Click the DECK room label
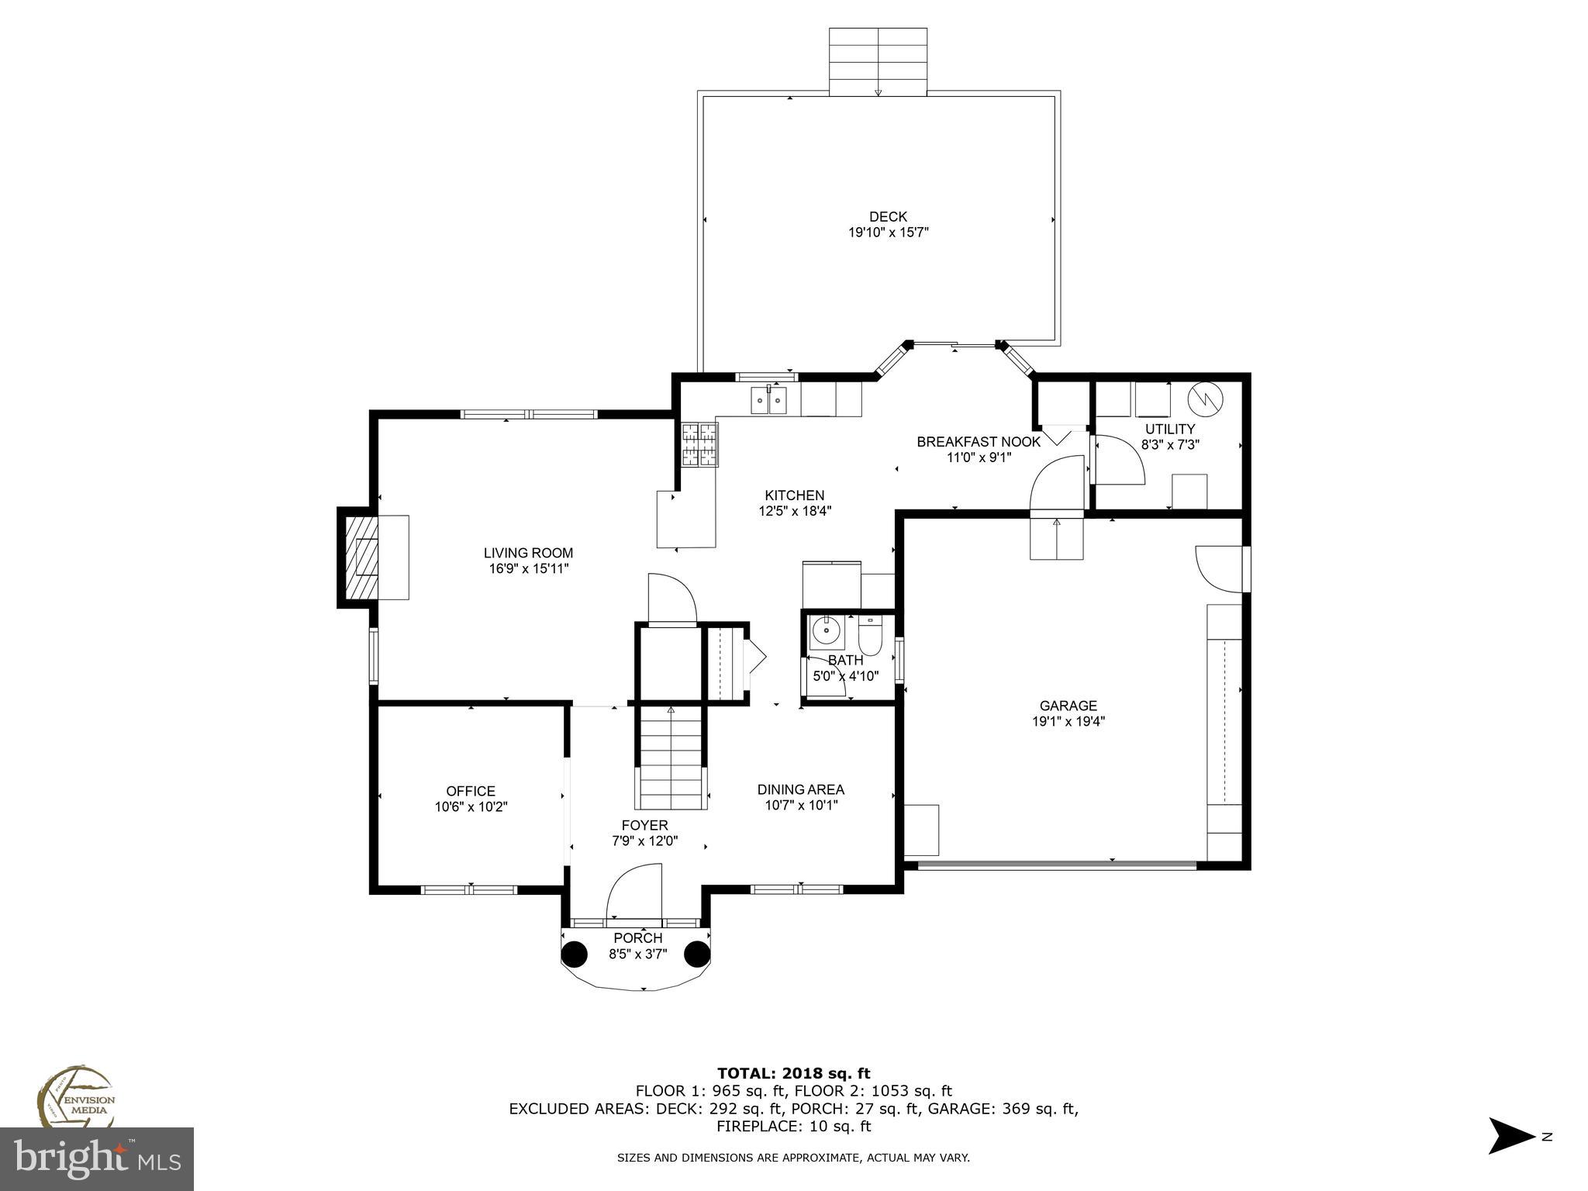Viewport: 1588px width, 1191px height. point(888,217)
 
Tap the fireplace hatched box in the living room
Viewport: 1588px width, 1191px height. point(361,557)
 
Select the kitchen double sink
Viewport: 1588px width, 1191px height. point(768,401)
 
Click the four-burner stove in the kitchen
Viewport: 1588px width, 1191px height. point(700,445)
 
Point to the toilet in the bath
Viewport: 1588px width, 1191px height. point(870,637)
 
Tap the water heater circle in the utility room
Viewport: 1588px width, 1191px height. point(1205,399)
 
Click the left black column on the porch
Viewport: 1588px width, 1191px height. point(575,954)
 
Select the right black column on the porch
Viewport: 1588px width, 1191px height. point(697,954)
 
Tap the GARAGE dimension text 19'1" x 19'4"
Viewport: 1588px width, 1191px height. point(1068,722)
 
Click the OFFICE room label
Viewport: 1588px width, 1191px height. point(471,791)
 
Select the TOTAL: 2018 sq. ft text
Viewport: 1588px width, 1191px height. point(793,1074)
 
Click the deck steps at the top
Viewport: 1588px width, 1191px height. point(878,62)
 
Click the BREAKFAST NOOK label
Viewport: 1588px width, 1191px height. point(979,442)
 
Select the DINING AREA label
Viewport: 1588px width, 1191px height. point(800,789)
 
